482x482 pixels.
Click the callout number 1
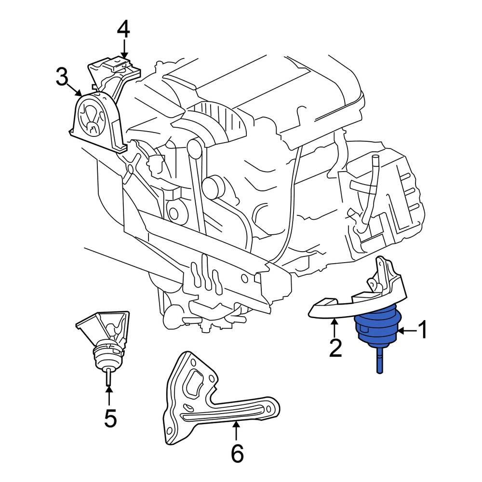(x=422, y=331)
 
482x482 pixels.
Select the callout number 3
(x=62, y=77)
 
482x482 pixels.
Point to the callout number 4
(x=123, y=30)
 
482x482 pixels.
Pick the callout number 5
(x=110, y=417)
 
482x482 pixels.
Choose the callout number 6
(x=237, y=453)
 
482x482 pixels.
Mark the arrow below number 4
(x=124, y=49)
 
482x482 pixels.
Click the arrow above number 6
(x=236, y=429)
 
